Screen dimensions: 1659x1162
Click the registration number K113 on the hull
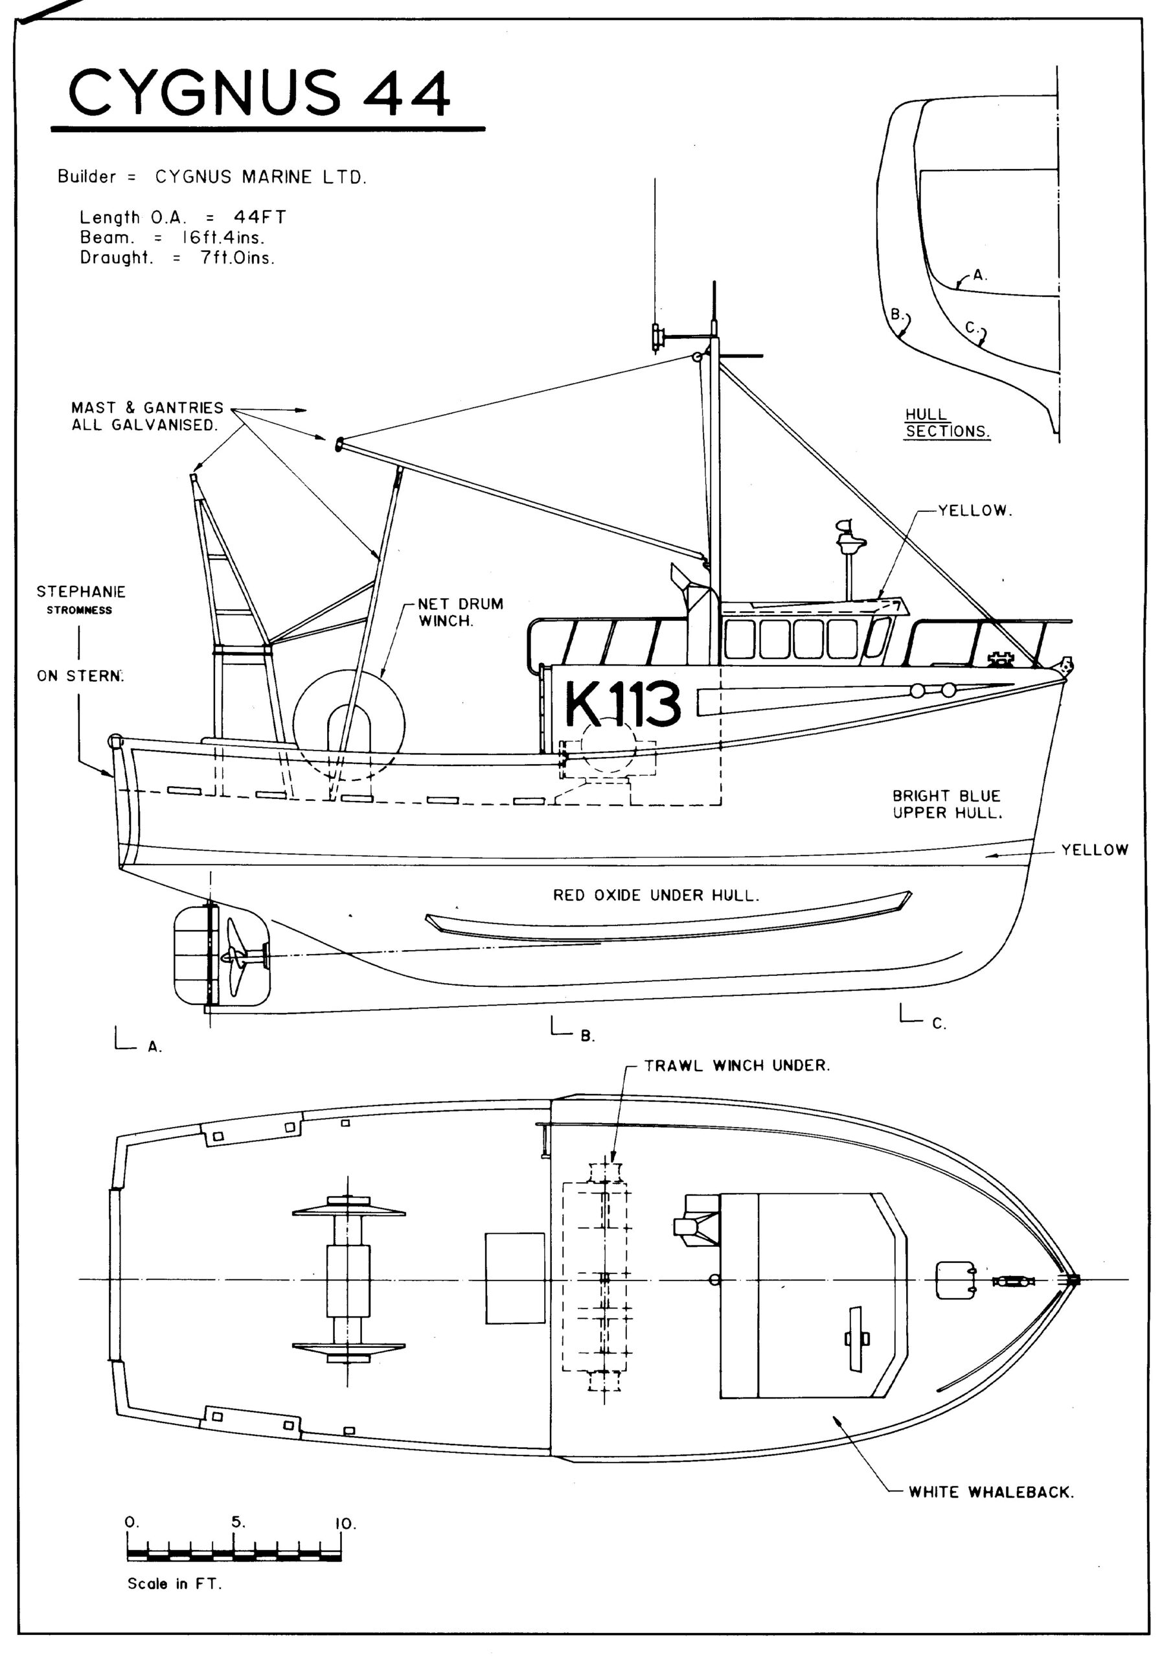[622, 704]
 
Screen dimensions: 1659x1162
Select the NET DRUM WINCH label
[461, 612]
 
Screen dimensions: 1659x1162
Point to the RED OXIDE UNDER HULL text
[655, 895]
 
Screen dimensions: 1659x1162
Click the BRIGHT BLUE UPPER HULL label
[946, 804]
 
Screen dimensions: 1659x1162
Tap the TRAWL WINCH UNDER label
[736, 1065]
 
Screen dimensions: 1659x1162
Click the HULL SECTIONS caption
[946, 423]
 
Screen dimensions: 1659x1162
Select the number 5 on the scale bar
[238, 1522]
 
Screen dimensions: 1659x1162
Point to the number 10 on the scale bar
[345, 1524]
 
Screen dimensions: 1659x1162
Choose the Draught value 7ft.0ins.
[237, 258]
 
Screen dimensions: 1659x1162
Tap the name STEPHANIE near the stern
[81, 592]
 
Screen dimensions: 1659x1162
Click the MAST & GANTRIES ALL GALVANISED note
[146, 416]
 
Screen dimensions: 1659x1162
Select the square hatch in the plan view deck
[514, 1278]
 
